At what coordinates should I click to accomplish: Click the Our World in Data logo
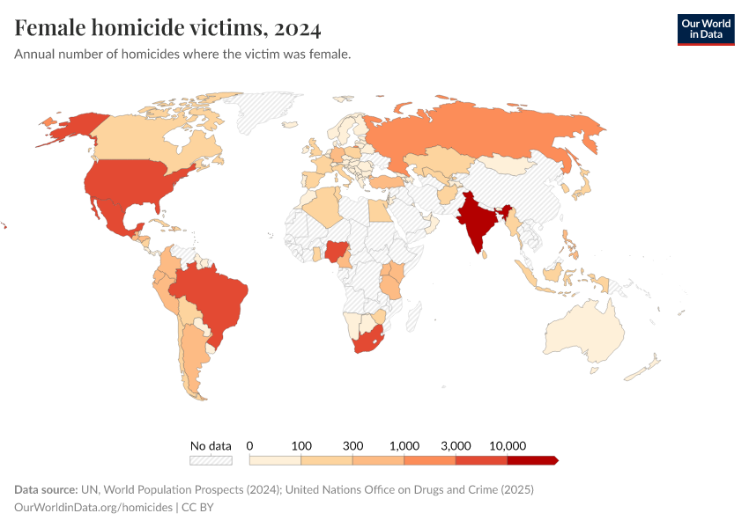coord(705,29)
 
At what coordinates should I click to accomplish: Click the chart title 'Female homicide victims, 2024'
coord(167,29)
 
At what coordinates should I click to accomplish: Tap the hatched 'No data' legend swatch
coord(211,459)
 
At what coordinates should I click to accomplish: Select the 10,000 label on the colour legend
coord(508,445)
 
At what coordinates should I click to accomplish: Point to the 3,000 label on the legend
coord(456,445)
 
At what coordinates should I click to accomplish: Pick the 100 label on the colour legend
coord(301,445)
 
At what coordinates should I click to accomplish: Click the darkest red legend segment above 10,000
coord(531,459)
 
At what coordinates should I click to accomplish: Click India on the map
coord(476,220)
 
